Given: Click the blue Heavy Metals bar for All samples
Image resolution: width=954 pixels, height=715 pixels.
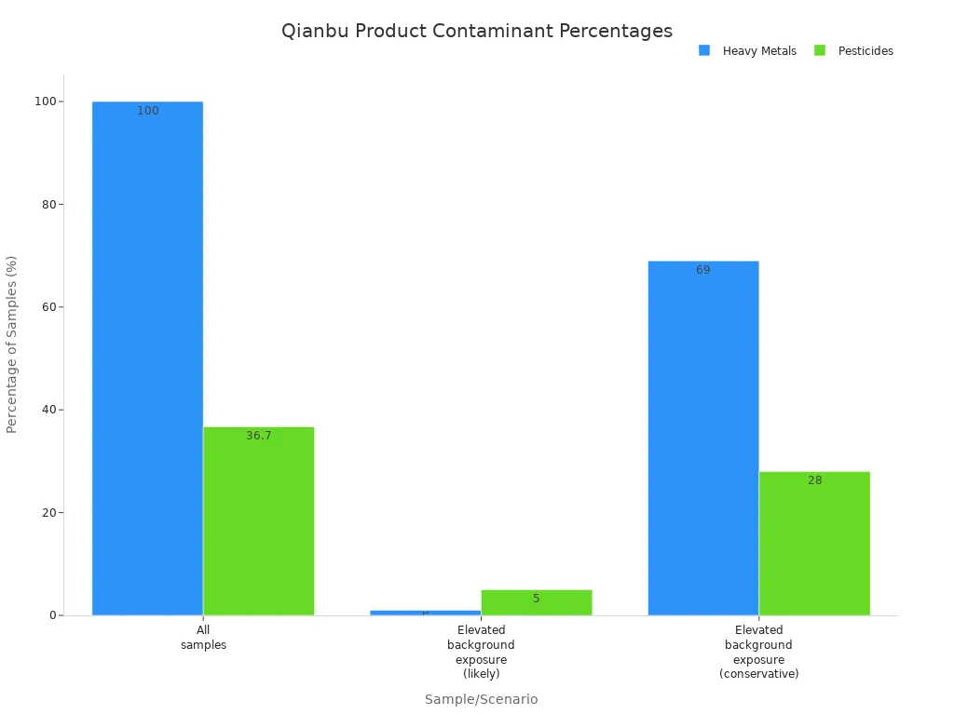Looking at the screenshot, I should [x=147, y=358].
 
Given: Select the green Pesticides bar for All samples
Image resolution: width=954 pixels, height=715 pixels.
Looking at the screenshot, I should [x=258, y=521].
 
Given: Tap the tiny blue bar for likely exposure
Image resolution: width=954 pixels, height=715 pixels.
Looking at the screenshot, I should [x=425, y=613].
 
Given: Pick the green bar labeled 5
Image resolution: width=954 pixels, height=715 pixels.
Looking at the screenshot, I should [x=536, y=602].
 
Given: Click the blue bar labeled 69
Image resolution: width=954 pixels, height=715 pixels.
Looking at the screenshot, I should [x=702, y=438].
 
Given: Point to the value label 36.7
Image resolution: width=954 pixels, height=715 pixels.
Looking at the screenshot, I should [x=259, y=436].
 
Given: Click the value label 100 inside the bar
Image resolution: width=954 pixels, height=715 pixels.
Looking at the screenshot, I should [x=148, y=111].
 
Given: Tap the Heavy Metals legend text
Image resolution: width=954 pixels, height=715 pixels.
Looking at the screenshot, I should [x=759, y=51].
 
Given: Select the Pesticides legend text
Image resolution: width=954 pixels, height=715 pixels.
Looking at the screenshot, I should [x=865, y=51].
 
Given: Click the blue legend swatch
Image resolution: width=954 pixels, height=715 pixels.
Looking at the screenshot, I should [x=704, y=50].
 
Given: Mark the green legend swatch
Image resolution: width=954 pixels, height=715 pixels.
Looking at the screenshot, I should [x=820, y=50].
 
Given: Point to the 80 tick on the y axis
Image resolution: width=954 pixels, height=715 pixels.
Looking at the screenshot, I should [x=46, y=204].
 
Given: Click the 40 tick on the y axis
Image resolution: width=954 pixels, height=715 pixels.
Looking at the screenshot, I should [x=46, y=410].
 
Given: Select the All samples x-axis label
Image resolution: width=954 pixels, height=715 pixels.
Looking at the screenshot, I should [x=203, y=637].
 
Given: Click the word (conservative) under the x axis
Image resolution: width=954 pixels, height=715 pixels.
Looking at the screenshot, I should [x=758, y=673].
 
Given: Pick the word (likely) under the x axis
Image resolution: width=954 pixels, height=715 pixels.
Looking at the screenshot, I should [x=481, y=673].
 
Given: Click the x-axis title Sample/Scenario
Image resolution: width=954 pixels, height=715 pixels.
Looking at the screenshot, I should [x=481, y=699].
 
